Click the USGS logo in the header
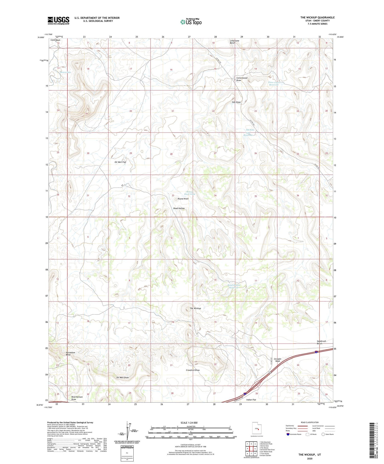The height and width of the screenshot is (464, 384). coord(58,20)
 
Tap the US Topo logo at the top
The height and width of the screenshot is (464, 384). coord(191,22)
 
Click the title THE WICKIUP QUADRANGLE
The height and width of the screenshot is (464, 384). coord(317,17)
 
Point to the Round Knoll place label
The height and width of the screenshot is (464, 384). coord(183,199)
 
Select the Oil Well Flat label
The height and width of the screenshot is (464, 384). coord(120,162)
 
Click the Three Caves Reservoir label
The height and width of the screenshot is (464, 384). coord(274,84)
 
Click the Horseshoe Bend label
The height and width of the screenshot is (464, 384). coord(70,354)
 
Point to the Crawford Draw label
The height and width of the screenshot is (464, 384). coord(193,370)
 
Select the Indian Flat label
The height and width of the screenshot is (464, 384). coord(251,400)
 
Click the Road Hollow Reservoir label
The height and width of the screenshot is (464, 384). coord(234,286)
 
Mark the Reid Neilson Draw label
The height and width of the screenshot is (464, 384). coord(77,398)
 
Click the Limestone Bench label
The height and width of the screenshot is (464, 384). coord(234,42)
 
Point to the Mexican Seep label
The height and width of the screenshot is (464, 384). coord(65,72)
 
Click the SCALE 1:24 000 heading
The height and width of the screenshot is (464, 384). coord(189,423)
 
